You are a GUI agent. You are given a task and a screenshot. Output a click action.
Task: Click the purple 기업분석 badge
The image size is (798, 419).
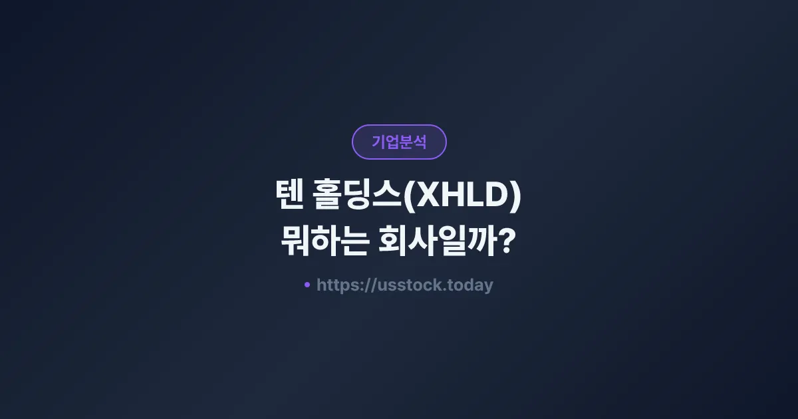(x=399, y=142)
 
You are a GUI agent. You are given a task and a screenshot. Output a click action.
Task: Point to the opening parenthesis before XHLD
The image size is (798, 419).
(x=410, y=198)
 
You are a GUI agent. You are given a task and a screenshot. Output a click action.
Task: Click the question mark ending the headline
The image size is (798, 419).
(x=507, y=241)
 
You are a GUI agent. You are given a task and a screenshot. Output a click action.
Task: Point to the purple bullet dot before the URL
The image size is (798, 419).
(x=307, y=285)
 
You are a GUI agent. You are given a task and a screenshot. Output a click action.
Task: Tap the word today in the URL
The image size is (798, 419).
(x=469, y=285)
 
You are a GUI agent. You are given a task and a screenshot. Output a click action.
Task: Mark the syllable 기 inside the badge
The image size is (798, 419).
(x=378, y=142)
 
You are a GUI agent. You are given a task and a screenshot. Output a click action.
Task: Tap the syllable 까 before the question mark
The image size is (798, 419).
(x=483, y=241)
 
